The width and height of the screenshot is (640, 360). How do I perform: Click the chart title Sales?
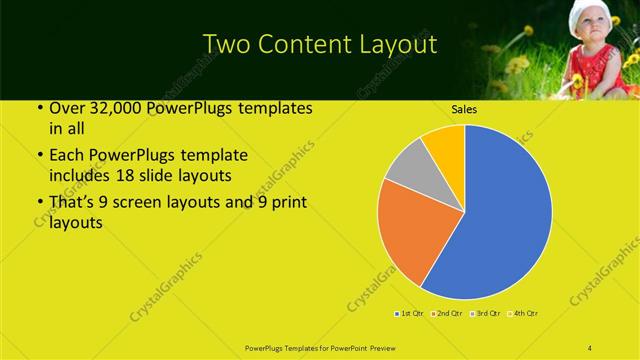click(x=463, y=110)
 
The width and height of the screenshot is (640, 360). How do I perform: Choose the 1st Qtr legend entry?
click(x=409, y=315)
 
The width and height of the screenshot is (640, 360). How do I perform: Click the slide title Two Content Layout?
click(x=319, y=44)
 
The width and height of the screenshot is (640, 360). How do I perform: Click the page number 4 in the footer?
click(x=591, y=346)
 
